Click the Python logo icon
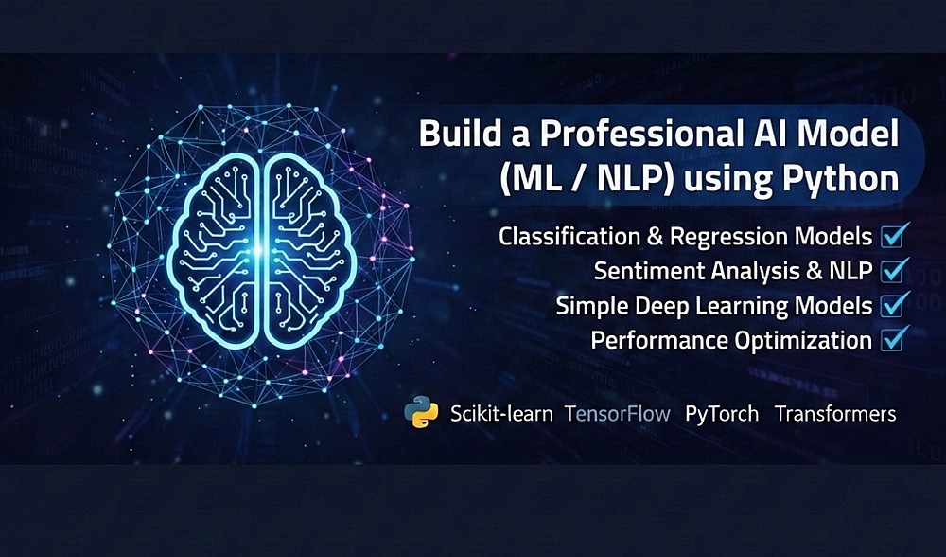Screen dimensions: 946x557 pos(421,412)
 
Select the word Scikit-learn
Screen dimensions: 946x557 pos(501,414)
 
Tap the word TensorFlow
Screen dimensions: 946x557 pos(617,414)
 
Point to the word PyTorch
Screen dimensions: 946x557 pos(722,414)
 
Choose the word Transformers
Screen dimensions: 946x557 pos(835,414)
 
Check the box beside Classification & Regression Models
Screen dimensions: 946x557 pos(893,236)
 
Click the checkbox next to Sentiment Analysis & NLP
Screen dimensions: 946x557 pos(893,270)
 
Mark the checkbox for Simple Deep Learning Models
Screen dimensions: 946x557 pos(893,305)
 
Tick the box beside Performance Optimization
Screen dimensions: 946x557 pos(893,339)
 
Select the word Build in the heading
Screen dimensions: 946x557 pos(457,134)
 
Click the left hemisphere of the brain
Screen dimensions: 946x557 pos(214,251)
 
